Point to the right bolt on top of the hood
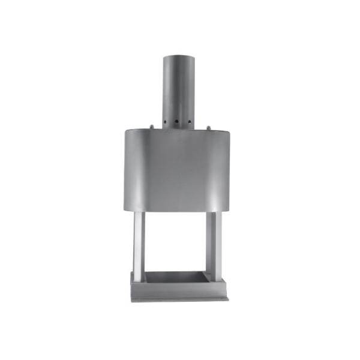click(x=208, y=126)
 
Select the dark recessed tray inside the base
click(x=177, y=277)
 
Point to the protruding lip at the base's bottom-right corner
click(x=227, y=297)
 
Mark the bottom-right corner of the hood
click(x=231, y=211)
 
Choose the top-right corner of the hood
click(x=231, y=130)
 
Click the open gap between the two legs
click(x=177, y=240)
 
